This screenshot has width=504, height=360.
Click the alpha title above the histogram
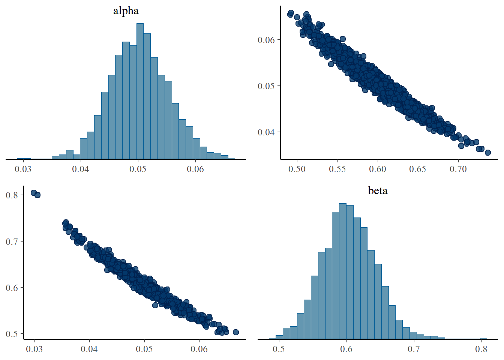[x=126, y=11]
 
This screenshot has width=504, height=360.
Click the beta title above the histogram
[x=378, y=191]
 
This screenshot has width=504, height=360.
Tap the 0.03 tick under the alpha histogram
[x=23, y=169]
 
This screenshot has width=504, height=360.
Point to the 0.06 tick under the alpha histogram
[x=195, y=169]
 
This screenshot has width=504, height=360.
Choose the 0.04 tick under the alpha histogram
[x=81, y=169]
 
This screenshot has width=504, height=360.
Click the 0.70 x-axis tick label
[x=458, y=169]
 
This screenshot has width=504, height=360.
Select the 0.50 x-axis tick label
[x=297, y=169]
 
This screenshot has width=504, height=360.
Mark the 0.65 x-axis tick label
[x=418, y=169]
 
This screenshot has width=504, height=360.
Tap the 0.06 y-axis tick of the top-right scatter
[x=266, y=40]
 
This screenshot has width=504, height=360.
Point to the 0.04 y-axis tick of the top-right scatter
[x=266, y=132]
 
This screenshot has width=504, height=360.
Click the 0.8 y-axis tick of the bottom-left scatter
[x=12, y=195]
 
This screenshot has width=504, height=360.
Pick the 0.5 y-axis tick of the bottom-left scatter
[x=12, y=334]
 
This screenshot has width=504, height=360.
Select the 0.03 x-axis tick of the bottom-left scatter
[x=34, y=349]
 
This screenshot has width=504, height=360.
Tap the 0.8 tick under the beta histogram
[x=481, y=349]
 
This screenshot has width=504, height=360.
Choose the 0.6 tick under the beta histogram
[x=346, y=349]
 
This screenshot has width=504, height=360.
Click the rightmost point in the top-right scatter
[x=488, y=153]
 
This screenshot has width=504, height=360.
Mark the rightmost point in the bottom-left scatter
[x=236, y=332]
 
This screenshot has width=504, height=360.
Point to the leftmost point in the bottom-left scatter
[x=33, y=193]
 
